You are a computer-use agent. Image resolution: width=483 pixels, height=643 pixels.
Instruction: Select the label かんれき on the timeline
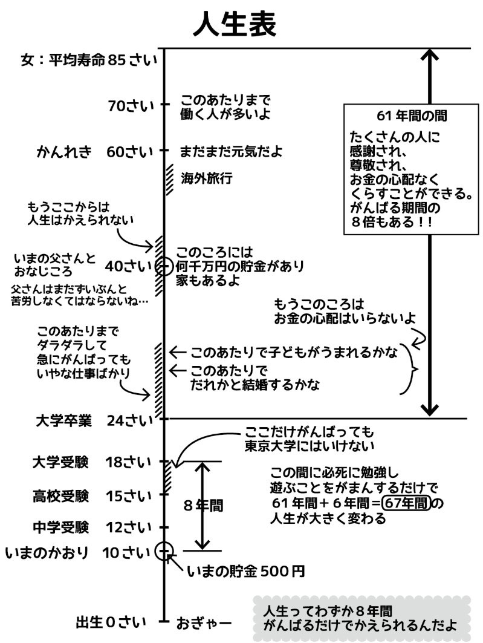coord(63,151)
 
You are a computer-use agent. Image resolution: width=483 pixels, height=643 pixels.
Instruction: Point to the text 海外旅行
coord(207,178)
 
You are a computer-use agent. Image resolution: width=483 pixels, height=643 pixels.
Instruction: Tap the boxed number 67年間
coord(407,503)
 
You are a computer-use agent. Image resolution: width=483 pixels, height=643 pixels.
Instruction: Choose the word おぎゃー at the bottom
coord(204,622)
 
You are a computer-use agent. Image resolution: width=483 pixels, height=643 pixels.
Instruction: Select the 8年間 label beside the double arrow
coord(202,506)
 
